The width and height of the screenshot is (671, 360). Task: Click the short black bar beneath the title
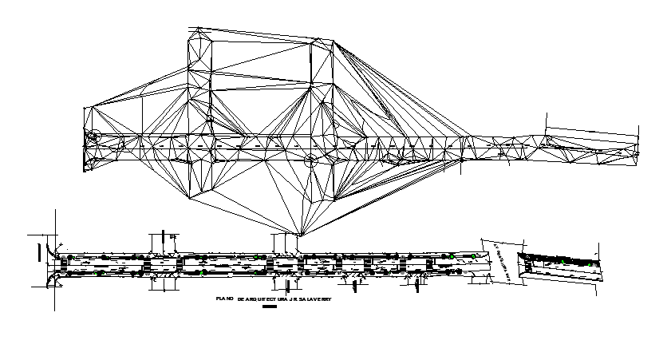pyautogui.click(x=269, y=306)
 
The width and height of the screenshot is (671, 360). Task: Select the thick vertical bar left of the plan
pyautogui.click(x=39, y=251)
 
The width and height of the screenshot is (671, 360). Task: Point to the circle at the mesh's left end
pyautogui.click(x=93, y=137)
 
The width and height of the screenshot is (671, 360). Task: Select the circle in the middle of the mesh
pyautogui.click(x=310, y=161)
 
